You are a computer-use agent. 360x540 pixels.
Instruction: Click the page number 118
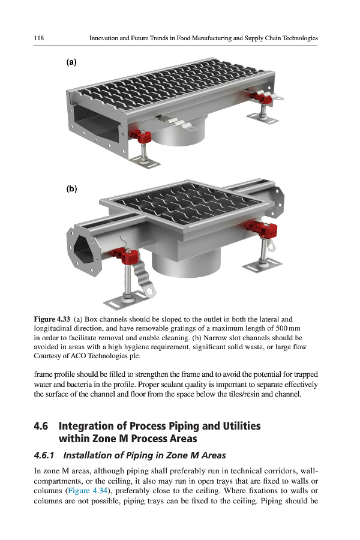tap(38, 38)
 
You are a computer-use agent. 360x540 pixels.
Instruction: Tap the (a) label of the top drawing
tap(71, 62)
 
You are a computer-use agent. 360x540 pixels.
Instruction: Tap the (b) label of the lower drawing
tap(71, 189)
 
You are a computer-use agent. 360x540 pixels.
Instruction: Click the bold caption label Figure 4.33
tap(52, 319)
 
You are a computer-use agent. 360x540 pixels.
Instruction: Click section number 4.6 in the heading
tap(41, 426)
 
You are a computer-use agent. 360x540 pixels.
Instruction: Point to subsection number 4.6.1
tap(44, 455)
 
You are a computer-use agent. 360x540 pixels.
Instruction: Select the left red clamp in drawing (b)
tap(125, 256)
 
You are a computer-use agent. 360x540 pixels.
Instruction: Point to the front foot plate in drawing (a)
tap(145, 162)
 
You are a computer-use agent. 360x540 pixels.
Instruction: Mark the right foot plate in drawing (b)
tap(263, 265)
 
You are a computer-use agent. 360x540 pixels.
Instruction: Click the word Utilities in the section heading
tap(241, 426)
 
